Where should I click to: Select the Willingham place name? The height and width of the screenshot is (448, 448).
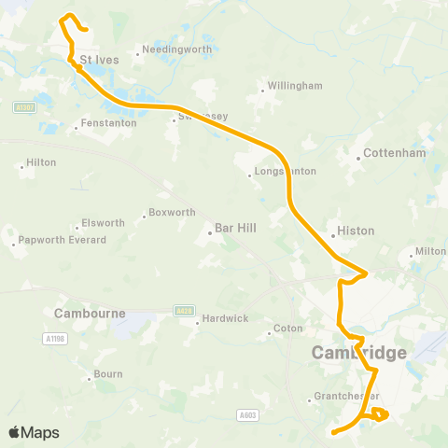(295, 86)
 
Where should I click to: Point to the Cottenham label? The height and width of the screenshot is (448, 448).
(394, 153)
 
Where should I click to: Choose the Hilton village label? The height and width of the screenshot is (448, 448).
(41, 162)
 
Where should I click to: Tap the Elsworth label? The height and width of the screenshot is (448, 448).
(103, 223)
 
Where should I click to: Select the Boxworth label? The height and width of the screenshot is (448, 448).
(172, 213)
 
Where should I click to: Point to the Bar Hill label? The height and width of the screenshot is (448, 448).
(235, 228)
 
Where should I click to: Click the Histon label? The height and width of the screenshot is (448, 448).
(355, 230)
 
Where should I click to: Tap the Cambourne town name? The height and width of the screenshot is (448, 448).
(90, 314)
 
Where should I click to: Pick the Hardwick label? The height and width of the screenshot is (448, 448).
(226, 318)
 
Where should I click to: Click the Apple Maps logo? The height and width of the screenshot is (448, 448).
(34, 432)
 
